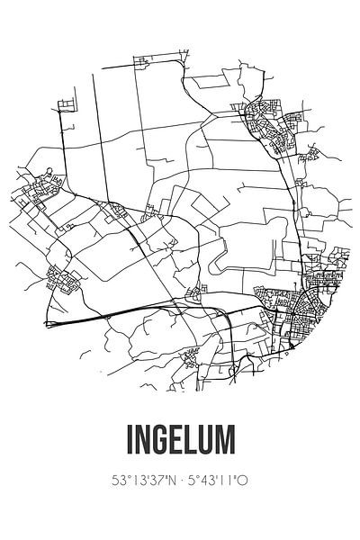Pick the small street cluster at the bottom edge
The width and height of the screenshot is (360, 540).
click(x=190, y=358)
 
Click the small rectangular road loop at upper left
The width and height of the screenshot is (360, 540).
click(x=66, y=108)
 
